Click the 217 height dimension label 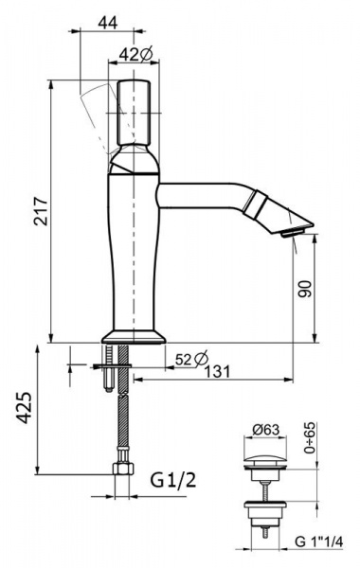pos(41,211)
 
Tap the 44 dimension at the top pos(108,23)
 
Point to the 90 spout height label pos(305,289)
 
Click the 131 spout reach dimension pos(217,371)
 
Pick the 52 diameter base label pos(191,359)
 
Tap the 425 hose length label pos(26,407)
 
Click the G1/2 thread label pos(173,480)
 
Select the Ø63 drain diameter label pos(266,430)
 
